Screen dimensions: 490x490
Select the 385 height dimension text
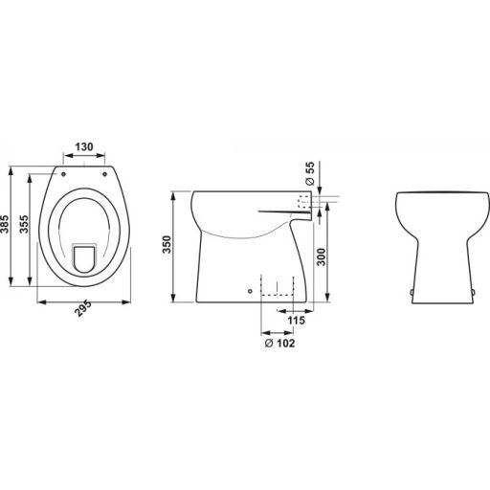click(8, 226)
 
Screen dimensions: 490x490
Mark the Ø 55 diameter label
click(310, 178)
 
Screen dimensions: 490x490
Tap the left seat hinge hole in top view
click(65, 174)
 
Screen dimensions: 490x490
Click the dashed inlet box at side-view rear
click(305, 202)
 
